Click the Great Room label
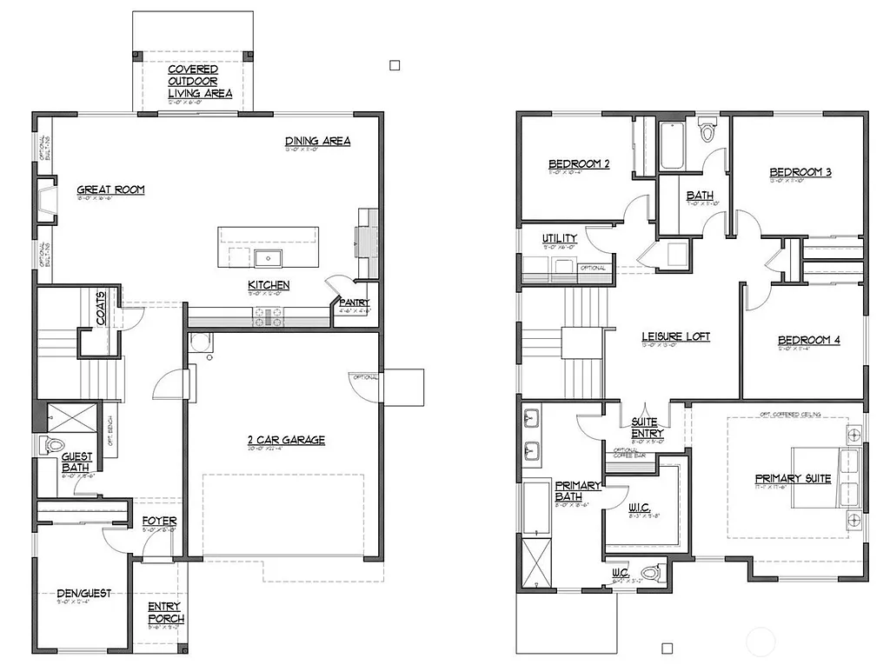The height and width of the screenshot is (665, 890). [110, 190]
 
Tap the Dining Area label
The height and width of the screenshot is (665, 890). [317, 141]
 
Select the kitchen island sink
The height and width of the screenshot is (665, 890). [268, 256]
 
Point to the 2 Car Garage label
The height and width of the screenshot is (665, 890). [285, 440]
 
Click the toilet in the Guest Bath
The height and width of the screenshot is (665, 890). [54, 445]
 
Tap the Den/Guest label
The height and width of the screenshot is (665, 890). [84, 593]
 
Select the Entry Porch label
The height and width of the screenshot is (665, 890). [165, 613]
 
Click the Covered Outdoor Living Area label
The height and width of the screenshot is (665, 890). [199, 81]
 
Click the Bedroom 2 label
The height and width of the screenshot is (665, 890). [578, 164]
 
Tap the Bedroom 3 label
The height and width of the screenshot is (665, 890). [800, 172]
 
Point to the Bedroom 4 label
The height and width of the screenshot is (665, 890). [808, 340]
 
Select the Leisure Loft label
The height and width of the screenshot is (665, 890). [675, 336]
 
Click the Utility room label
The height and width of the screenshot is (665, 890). [560, 238]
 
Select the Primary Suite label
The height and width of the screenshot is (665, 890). [793, 478]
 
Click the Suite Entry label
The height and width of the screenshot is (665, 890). [648, 428]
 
